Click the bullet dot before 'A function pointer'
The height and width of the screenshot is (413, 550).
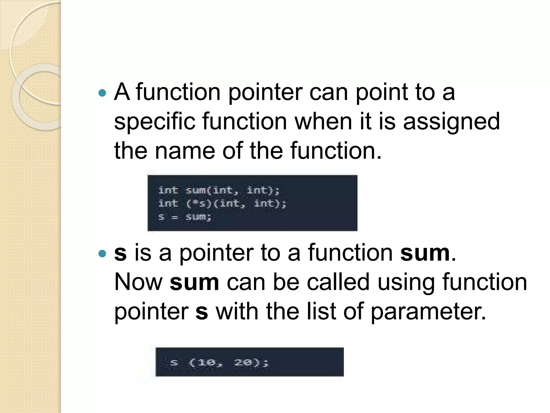point(102,93)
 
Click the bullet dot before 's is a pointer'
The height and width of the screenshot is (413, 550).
point(102,254)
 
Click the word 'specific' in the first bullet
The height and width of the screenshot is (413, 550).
point(155,122)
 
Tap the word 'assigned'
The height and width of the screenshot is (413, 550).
point(451,122)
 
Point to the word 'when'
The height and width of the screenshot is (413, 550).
point(323,122)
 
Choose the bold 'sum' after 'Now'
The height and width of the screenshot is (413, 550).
point(194,282)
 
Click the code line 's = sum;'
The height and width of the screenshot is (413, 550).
point(185,217)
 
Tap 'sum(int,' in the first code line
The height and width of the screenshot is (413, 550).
point(212,190)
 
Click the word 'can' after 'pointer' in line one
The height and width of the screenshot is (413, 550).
point(329,92)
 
